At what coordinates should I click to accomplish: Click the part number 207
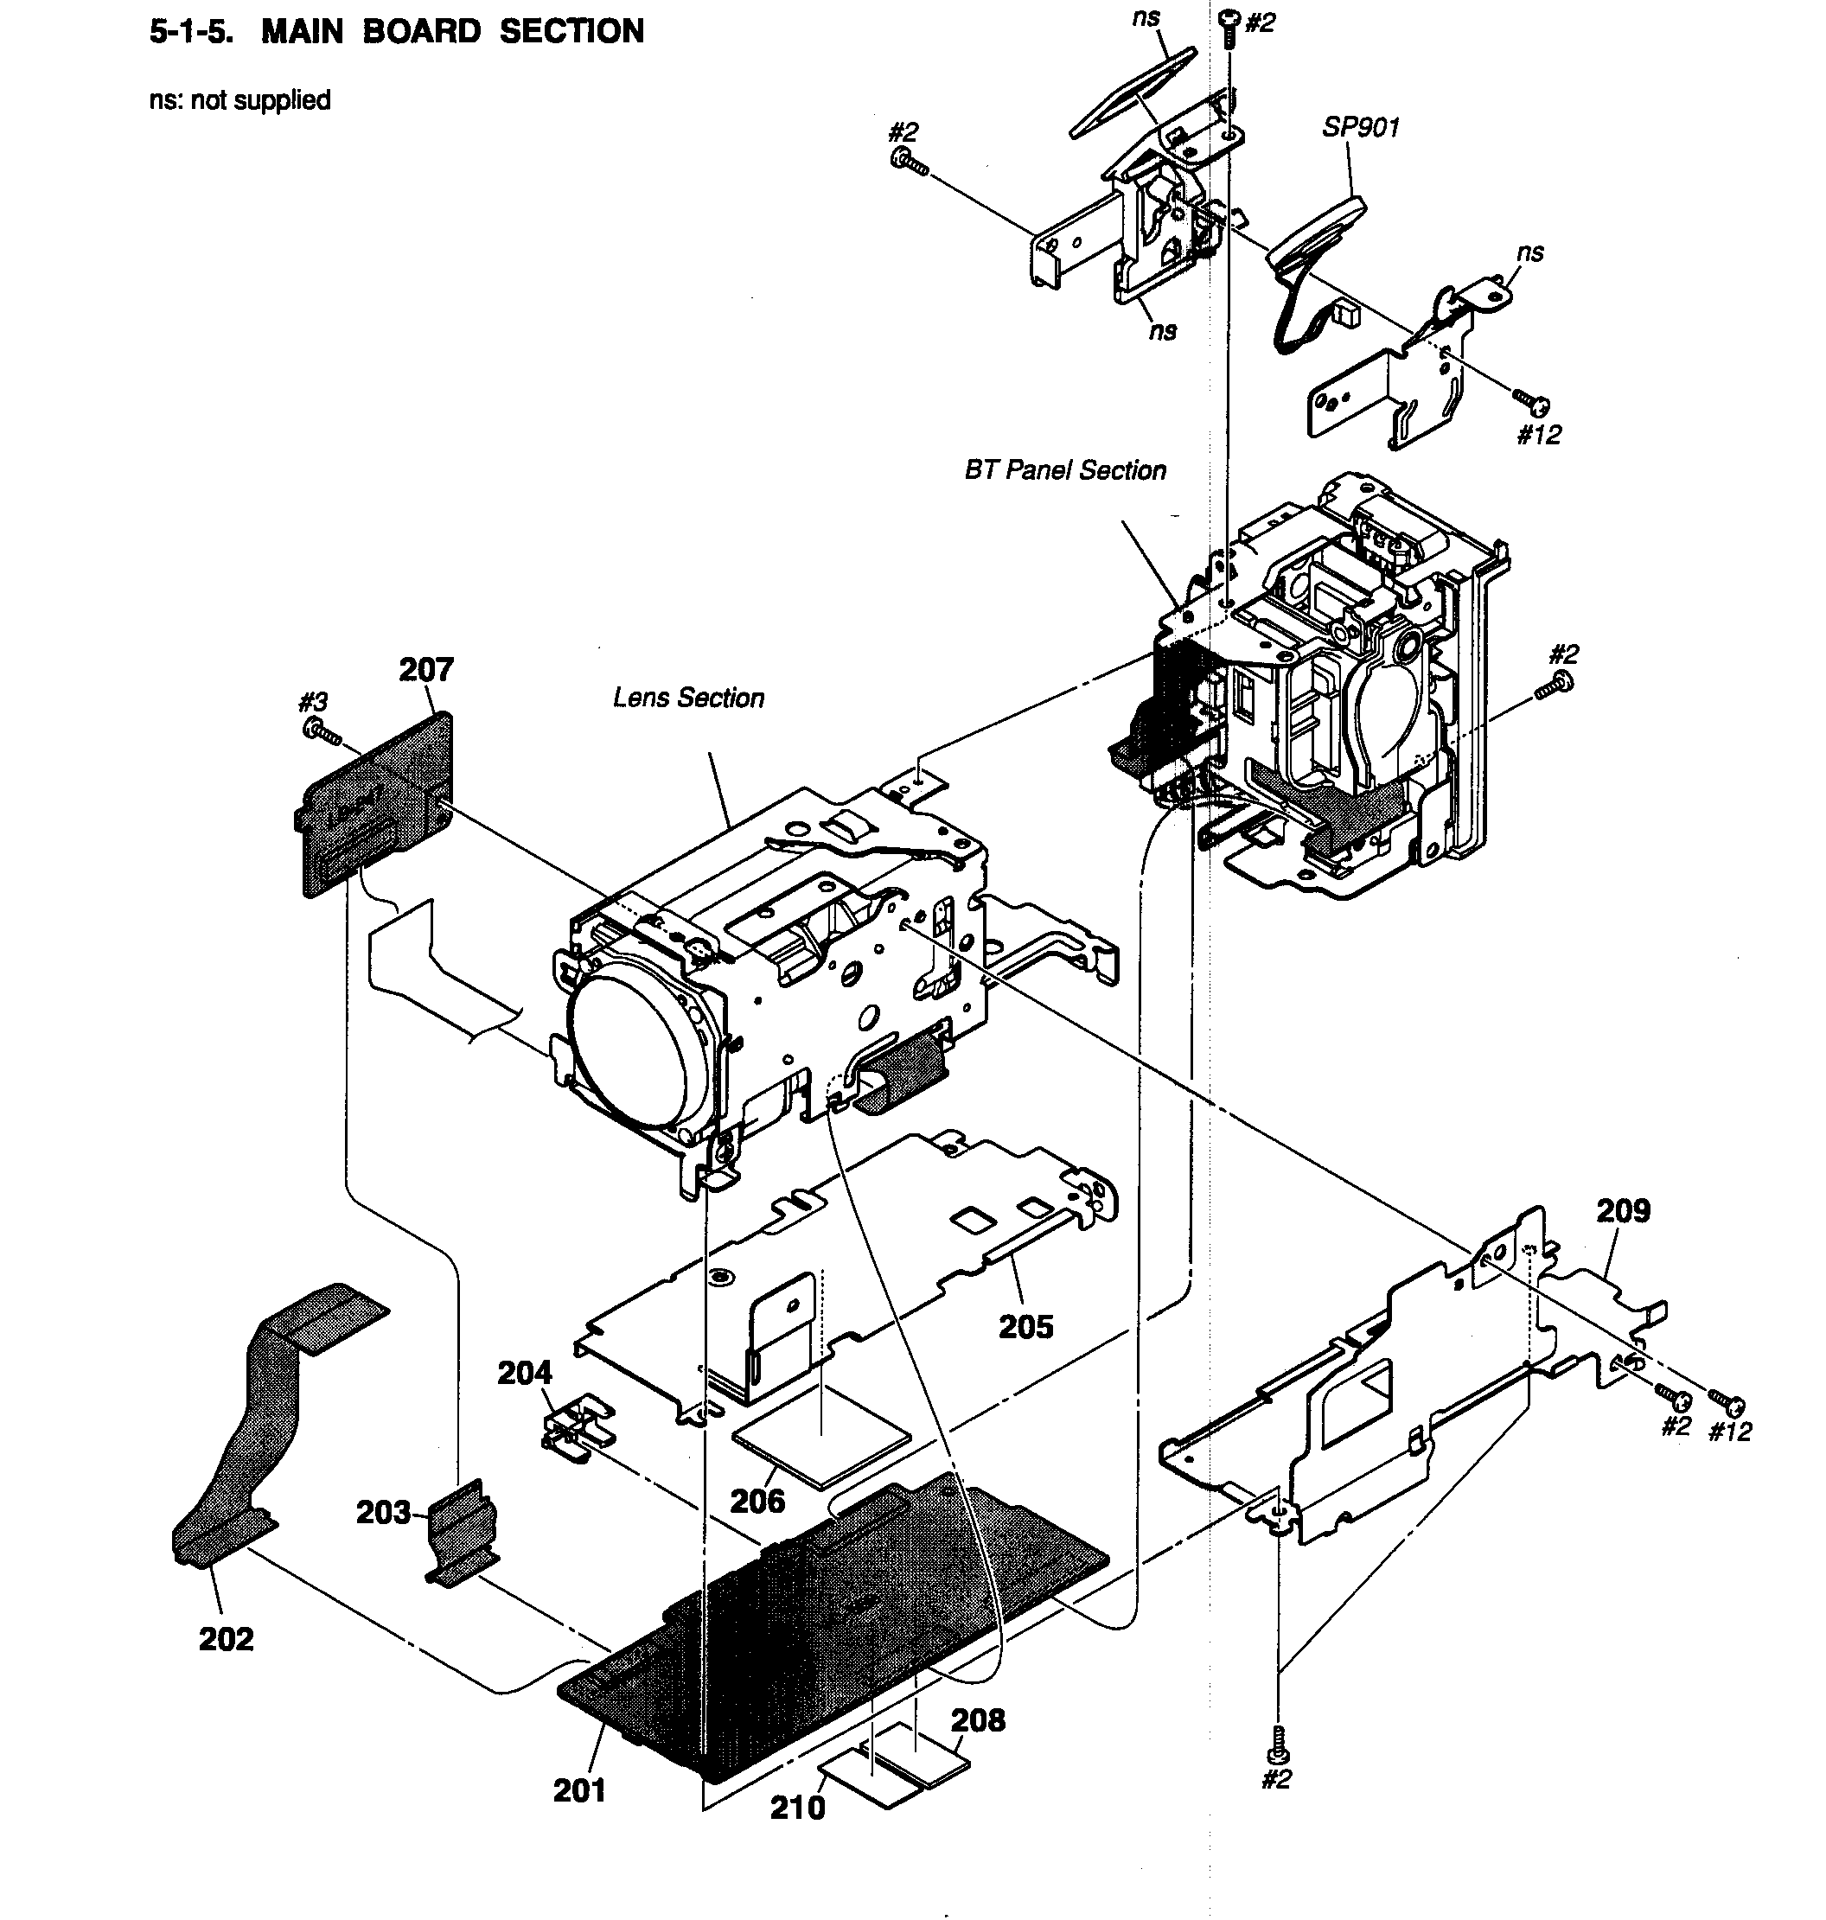click(426, 671)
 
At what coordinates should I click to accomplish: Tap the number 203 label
click(382, 1512)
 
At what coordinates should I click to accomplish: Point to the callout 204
click(525, 1373)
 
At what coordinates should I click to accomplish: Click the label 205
click(1026, 1326)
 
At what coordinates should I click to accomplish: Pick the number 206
click(757, 1501)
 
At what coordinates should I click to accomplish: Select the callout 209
click(1623, 1211)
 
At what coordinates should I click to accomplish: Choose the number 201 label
click(579, 1789)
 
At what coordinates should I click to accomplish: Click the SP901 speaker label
click(1360, 127)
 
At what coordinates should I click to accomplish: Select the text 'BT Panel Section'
click(1065, 471)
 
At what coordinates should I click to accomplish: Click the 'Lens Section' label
click(688, 698)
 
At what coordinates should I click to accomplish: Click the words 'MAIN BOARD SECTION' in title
click(452, 32)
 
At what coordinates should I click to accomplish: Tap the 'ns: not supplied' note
click(239, 100)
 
